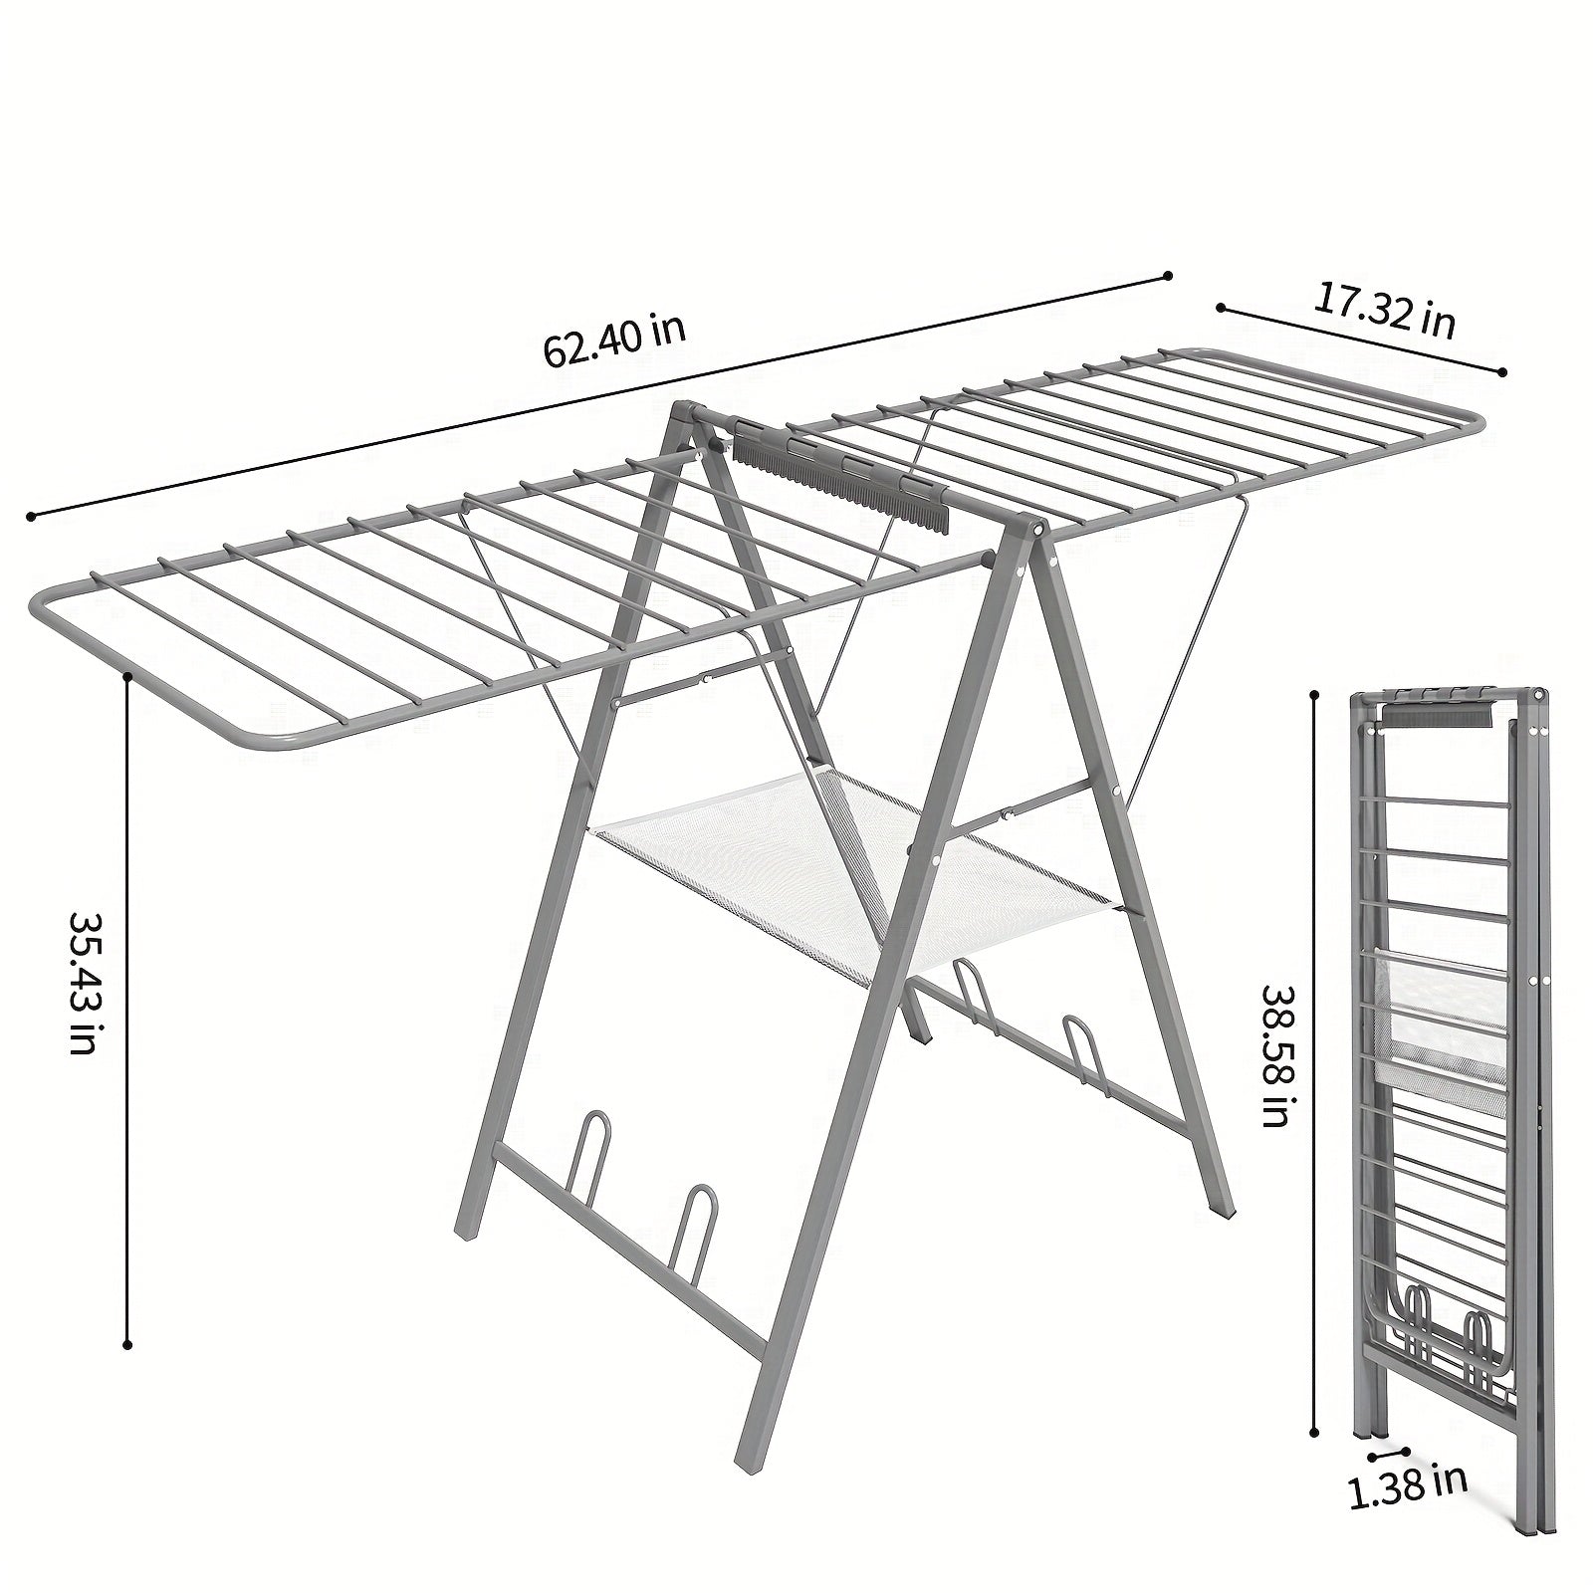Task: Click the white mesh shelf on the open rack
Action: tap(856, 876)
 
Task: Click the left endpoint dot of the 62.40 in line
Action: tap(32, 516)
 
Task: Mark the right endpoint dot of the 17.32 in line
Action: tap(1502, 372)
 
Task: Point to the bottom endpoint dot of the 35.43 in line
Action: tap(127, 1344)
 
